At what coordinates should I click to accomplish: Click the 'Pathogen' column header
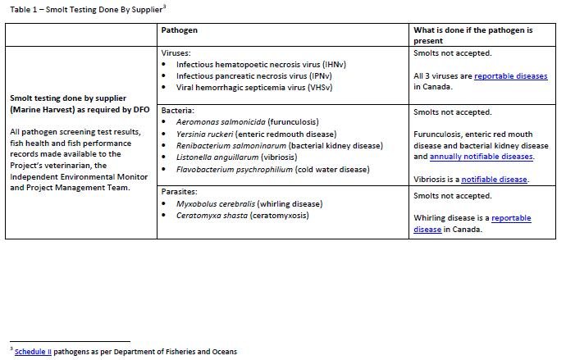pos(179,30)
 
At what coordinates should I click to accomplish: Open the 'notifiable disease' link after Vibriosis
pos(495,180)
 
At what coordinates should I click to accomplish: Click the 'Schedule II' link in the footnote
pos(33,351)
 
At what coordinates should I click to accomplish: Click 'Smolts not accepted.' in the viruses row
pos(453,53)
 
